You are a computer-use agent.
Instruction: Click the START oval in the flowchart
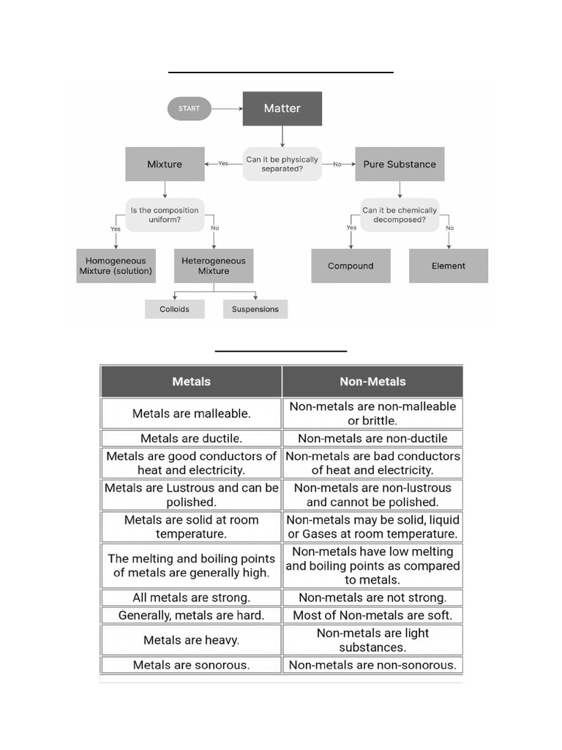point(189,109)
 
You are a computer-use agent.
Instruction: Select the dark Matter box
point(282,108)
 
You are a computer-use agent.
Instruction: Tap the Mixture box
point(165,164)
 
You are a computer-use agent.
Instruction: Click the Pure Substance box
point(399,164)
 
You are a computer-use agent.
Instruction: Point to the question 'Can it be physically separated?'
point(282,164)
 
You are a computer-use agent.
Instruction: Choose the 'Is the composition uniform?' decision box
point(165,215)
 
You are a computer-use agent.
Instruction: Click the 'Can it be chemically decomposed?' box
point(399,215)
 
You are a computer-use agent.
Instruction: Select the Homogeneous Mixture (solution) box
point(116,266)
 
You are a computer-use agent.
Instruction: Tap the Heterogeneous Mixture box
point(213,266)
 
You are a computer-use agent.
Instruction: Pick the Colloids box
point(174,309)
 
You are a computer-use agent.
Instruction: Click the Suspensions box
point(255,309)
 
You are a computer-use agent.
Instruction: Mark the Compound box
point(351,266)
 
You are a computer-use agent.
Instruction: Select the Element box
point(448,266)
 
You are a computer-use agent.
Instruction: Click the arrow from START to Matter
point(227,109)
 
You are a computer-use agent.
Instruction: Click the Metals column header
point(191,382)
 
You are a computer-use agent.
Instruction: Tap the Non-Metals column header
point(372,382)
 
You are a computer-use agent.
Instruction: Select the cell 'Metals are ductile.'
point(191,439)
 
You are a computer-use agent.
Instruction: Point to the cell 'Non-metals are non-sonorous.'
point(372,665)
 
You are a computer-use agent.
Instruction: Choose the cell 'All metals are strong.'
point(191,598)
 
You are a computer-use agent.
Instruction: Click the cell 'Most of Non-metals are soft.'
point(372,615)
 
